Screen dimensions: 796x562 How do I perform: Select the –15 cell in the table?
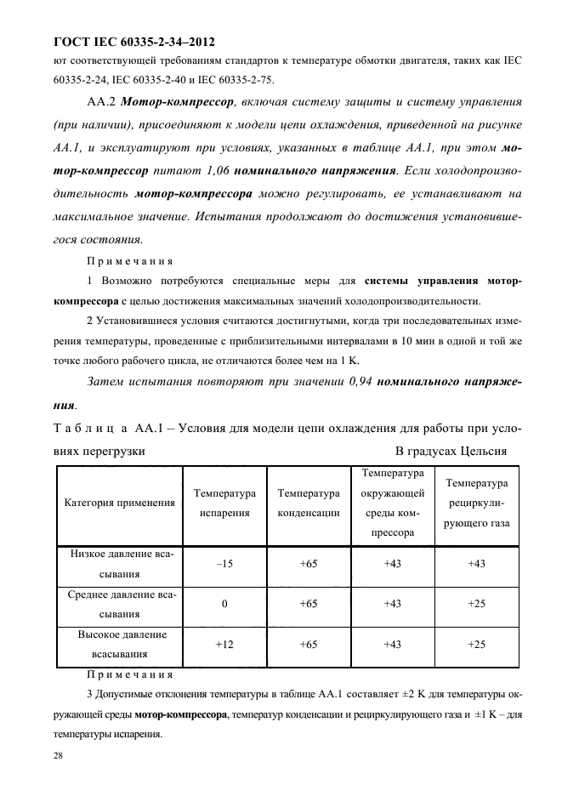224,563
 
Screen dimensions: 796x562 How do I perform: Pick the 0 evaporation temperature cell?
224,604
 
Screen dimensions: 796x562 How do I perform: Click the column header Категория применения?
120,503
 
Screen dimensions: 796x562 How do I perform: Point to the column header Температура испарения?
224,503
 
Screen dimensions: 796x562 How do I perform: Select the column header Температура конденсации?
309,503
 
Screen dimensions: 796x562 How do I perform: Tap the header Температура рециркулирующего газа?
477,503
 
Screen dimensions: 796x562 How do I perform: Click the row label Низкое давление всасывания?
120,563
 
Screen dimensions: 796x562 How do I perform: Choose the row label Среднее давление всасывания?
120,604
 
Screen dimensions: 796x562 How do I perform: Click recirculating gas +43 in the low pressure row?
477,563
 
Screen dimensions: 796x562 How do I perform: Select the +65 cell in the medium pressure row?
309,604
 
